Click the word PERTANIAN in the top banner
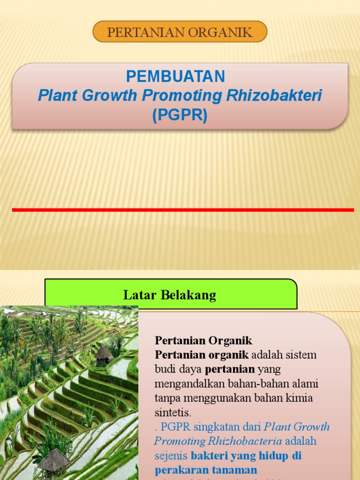(x=139, y=32)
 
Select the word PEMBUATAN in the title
(x=176, y=76)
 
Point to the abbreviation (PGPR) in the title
(x=180, y=115)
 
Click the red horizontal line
(x=183, y=210)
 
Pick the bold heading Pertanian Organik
(x=203, y=340)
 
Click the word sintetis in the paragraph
(x=173, y=413)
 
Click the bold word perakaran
(x=180, y=470)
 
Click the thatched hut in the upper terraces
(x=103, y=355)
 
